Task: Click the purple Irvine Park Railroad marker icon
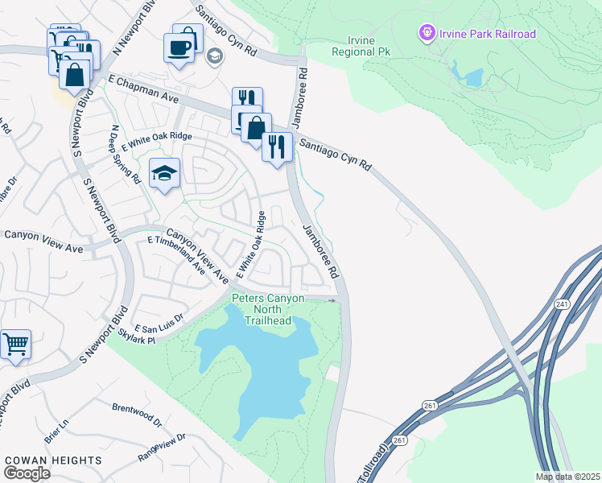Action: coord(427,33)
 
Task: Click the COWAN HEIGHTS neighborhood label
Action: coord(53,460)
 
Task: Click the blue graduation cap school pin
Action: coord(164,174)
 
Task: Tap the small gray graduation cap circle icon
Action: coord(214,56)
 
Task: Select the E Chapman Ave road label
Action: coord(144,86)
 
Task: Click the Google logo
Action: coord(27,473)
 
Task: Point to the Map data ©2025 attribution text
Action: coord(567,477)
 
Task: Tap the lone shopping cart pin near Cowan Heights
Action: coord(15,345)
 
